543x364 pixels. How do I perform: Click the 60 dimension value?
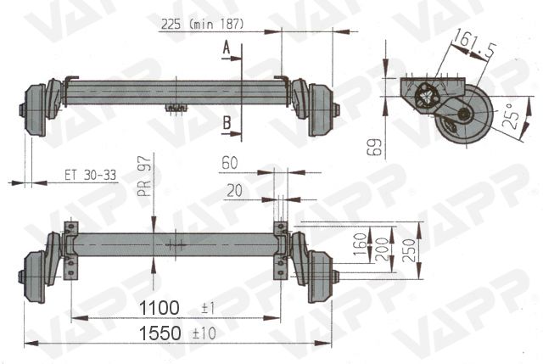tap(229, 160)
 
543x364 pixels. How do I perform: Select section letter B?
tap(227, 123)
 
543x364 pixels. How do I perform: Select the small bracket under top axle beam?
tap(176, 107)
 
